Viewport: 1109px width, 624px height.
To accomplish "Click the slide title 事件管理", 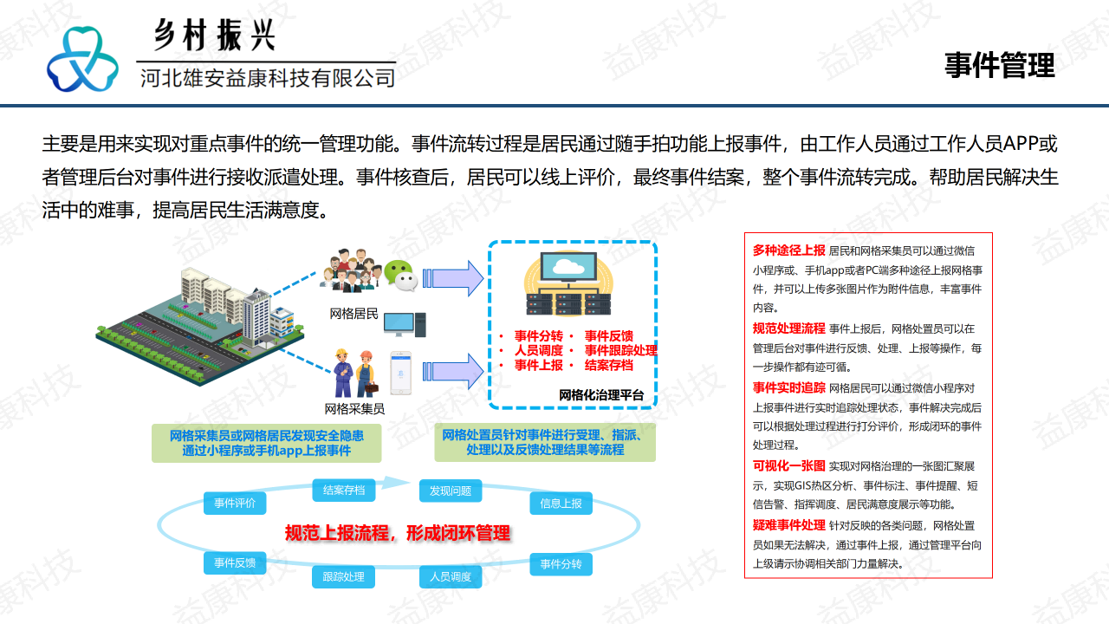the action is [1000, 65].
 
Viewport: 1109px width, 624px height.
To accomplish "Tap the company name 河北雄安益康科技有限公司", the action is [268, 78].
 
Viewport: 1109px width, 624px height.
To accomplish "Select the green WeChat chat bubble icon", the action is [400, 276].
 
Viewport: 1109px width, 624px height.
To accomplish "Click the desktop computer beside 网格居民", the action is [405, 325].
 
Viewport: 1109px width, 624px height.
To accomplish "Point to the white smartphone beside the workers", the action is [400, 373].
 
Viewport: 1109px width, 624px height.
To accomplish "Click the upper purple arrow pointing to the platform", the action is [453, 278].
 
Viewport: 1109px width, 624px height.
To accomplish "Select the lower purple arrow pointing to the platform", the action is [453, 372].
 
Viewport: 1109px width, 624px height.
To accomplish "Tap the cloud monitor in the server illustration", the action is [568, 268].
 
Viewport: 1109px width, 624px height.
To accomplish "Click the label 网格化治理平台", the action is [601, 395].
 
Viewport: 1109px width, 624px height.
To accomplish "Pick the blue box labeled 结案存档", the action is [344, 491].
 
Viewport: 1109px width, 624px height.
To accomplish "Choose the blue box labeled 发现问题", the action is [451, 491].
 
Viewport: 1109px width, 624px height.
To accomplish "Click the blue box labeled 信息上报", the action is [561, 504].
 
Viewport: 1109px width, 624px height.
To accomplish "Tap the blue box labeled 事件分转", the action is [561, 564].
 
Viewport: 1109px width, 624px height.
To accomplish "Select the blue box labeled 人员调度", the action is [451, 577].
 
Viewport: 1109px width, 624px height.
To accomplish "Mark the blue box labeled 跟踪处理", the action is [344, 577].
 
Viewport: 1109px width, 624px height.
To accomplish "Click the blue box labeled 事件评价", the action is [235, 504].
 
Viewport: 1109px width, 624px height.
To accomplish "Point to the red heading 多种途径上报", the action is [788, 250].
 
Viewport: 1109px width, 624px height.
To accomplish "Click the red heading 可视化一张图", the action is [788, 466].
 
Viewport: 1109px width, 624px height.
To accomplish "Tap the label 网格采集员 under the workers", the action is [354, 409].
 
